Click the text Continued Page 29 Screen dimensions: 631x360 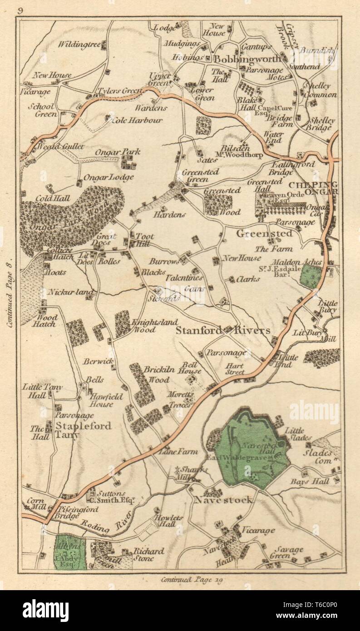point(191,579)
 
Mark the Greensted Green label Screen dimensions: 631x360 point(200,175)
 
